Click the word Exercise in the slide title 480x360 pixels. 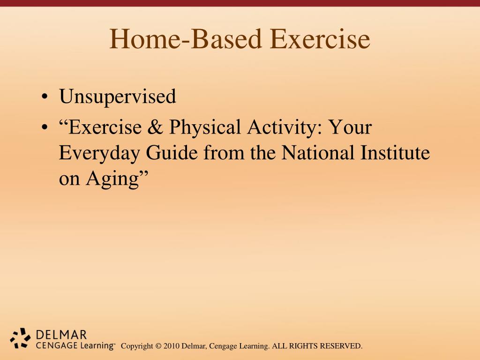point(320,39)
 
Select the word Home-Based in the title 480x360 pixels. point(186,39)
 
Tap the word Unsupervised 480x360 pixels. point(118,97)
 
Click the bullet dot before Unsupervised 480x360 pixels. point(45,97)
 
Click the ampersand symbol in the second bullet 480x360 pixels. point(155,127)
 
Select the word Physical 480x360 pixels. point(205,127)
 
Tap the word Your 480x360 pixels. point(350,127)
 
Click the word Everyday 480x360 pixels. point(99,153)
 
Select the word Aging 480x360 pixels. point(112,179)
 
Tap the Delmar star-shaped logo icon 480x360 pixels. point(20,338)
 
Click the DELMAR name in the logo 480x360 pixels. point(61,335)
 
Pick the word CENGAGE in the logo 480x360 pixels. point(56,345)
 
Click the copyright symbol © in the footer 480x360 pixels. point(158,346)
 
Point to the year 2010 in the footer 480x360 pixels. point(172,346)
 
